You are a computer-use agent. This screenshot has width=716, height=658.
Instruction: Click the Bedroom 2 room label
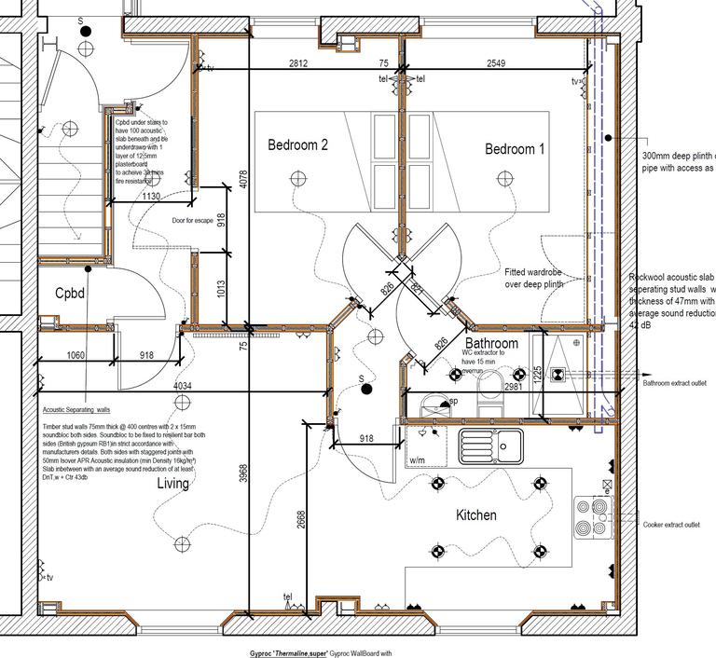pyautogui.click(x=297, y=145)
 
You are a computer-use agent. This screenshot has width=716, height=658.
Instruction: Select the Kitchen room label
pyautogui.click(x=475, y=515)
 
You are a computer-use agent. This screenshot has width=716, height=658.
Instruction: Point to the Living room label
pyautogui.click(x=172, y=484)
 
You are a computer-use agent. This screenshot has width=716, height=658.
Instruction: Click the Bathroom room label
pyautogui.click(x=491, y=344)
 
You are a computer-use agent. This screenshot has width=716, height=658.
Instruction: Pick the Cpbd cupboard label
pyautogui.click(x=70, y=294)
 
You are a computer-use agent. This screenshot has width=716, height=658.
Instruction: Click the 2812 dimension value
pyautogui.click(x=298, y=63)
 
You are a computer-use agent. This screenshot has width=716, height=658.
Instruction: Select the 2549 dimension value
pyautogui.click(x=497, y=63)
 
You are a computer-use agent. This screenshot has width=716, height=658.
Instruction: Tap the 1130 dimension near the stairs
pyautogui.click(x=151, y=197)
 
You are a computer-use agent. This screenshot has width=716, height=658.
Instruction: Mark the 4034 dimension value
pyautogui.click(x=182, y=386)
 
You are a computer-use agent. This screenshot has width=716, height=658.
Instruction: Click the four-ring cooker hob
pyautogui.click(x=593, y=517)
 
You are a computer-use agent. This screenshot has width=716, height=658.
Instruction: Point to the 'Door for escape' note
pyautogui.click(x=193, y=221)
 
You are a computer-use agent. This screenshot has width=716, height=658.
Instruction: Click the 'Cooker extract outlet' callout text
pyautogui.click(x=671, y=525)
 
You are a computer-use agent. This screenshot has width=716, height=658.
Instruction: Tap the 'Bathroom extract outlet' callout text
pyautogui.click(x=675, y=382)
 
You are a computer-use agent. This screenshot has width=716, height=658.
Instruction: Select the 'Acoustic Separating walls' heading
pyautogui.click(x=76, y=409)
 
